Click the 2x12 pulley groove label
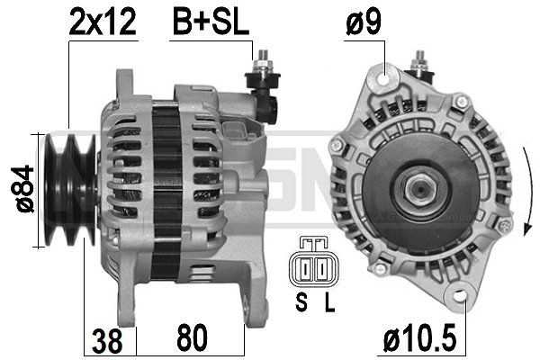coord(103,22)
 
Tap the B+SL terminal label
coord(211,22)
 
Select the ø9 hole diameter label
coord(364,22)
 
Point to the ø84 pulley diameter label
coord(22,189)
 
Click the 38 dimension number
coord(107,341)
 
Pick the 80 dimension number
coord(193,337)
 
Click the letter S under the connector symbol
coord(301,302)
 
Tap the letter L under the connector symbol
coord(329,302)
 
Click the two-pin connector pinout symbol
coord(313,262)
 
